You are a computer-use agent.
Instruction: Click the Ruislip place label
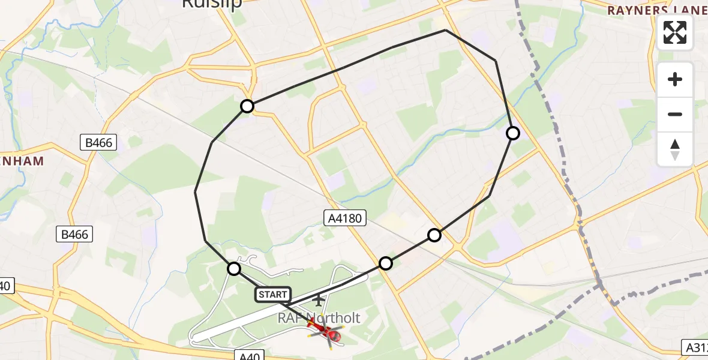[x=211, y=4]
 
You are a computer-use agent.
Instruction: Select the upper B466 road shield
[x=99, y=142]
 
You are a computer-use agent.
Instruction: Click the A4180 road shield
[x=345, y=218]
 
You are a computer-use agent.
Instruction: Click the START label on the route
[x=273, y=295]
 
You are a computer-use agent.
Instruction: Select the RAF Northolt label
[x=319, y=318]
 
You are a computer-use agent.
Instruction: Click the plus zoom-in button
[x=675, y=80]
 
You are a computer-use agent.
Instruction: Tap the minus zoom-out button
[x=675, y=114]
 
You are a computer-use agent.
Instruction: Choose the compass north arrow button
[x=675, y=149]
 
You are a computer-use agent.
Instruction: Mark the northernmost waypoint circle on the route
[x=247, y=107]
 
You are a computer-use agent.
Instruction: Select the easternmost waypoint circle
[x=513, y=133]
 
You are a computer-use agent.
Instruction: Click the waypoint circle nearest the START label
[x=234, y=269]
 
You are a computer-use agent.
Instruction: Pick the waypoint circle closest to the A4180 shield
[x=386, y=263]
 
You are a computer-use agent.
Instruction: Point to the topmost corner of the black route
[x=446, y=30]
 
